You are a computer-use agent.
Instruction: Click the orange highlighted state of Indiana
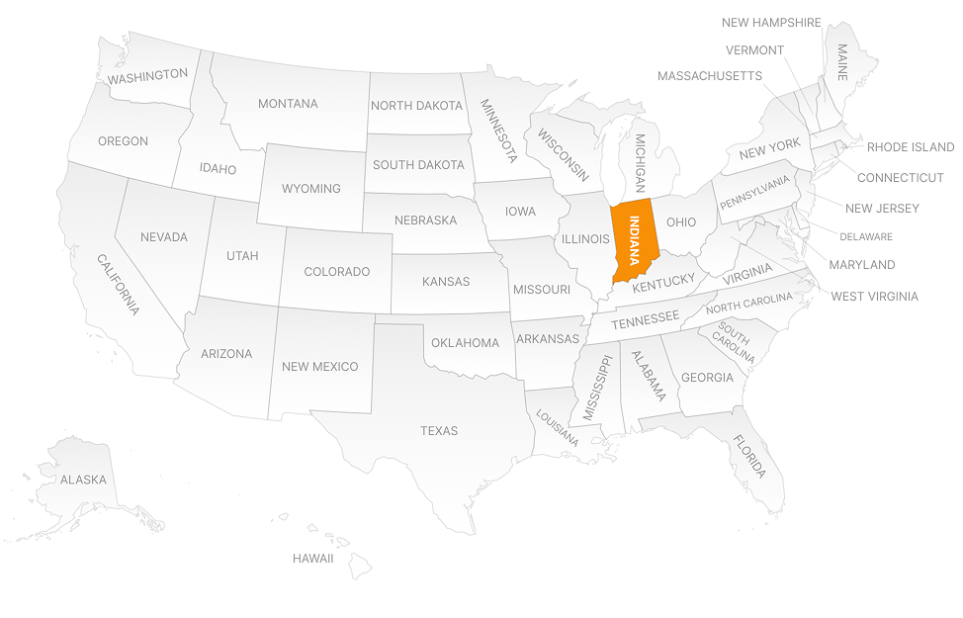(x=634, y=237)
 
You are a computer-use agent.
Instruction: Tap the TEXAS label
(x=439, y=431)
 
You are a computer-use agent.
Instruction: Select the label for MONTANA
(x=288, y=104)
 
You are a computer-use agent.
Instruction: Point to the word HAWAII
(x=312, y=559)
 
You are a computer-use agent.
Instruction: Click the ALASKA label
(x=83, y=480)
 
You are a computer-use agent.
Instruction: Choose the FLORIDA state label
(x=748, y=457)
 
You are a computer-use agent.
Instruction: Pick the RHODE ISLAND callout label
(x=910, y=147)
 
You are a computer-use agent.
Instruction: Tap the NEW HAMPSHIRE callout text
(x=771, y=23)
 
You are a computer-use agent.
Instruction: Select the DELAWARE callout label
(x=865, y=237)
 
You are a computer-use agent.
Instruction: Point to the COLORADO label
(x=336, y=272)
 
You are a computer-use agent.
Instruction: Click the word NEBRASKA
(x=425, y=221)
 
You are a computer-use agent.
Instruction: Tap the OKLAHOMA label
(x=465, y=343)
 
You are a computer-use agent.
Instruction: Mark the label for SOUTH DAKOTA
(x=418, y=165)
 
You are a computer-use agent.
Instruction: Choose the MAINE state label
(x=842, y=61)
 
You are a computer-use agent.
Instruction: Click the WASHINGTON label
(x=147, y=75)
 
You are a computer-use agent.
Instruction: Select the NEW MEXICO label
(x=319, y=367)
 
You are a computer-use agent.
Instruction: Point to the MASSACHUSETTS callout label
(x=709, y=76)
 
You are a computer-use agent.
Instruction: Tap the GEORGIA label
(x=707, y=378)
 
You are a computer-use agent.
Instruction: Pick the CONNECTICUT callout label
(x=900, y=178)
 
